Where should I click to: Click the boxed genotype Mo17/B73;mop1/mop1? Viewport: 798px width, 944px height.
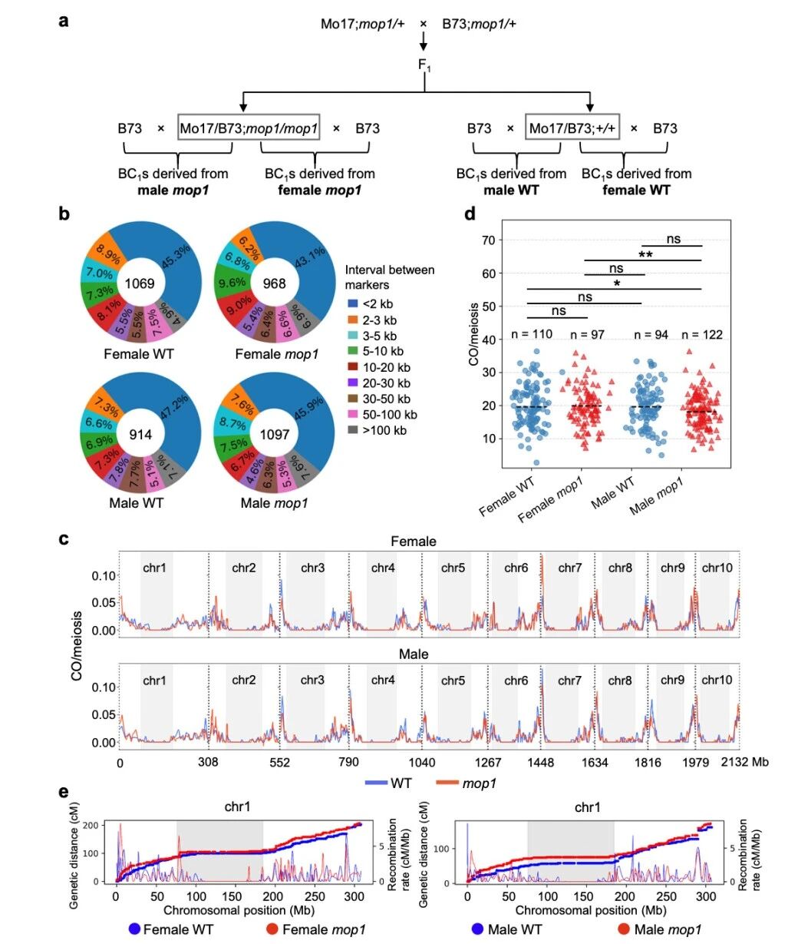(x=249, y=128)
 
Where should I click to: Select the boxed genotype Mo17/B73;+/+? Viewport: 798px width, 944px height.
(x=572, y=128)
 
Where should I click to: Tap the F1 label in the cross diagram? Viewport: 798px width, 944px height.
(x=424, y=65)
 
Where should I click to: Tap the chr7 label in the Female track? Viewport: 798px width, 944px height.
(x=569, y=568)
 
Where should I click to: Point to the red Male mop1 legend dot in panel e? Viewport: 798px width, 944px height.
(x=625, y=929)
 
